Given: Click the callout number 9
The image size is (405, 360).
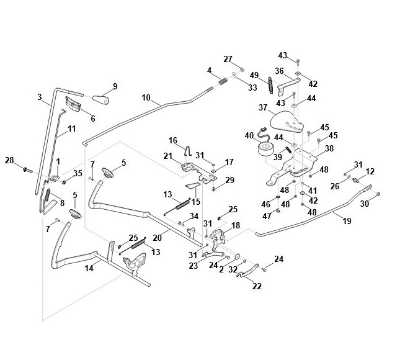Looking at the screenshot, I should coord(114,86).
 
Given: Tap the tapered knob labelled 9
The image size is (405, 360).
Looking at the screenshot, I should coord(100,99).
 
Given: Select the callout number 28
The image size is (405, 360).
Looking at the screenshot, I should coord(9,161).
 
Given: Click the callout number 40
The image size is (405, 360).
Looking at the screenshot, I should coord(249,135).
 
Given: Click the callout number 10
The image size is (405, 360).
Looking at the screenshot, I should coord(146,97).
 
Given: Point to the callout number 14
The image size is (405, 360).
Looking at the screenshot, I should coord(89,268).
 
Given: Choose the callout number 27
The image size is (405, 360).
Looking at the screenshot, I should coord(228,59).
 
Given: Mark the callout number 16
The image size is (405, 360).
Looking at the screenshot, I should coord(173,140).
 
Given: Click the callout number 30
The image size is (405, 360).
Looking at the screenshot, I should coord(364,203).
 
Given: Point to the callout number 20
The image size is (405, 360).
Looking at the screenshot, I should coord(157,238).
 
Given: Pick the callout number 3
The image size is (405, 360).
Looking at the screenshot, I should coord(40,97).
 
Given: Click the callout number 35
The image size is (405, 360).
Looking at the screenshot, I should coord(78,173).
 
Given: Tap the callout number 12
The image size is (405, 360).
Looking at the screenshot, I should coord(370,171).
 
